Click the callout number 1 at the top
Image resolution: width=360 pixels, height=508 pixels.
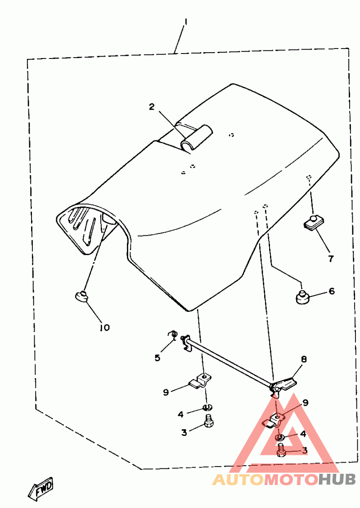tap(185, 22)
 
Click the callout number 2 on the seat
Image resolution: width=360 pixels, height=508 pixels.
tap(152, 107)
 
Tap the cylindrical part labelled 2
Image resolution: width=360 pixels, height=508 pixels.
tap(196, 137)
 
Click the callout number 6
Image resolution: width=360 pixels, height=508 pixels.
tap(332, 291)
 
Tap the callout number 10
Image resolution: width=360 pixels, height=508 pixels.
tap(104, 328)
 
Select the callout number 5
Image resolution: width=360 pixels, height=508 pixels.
tap(157, 358)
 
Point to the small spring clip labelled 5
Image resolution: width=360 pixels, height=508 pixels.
tap(171, 334)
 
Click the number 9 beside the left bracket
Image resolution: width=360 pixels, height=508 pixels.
tap(166, 392)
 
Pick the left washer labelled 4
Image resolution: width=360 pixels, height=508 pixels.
tap(207, 408)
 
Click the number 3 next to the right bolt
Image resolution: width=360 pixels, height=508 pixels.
tap(305, 450)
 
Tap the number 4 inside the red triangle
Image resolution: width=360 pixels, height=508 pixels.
tap(303, 434)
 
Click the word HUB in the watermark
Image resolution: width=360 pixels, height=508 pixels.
tap(337, 480)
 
